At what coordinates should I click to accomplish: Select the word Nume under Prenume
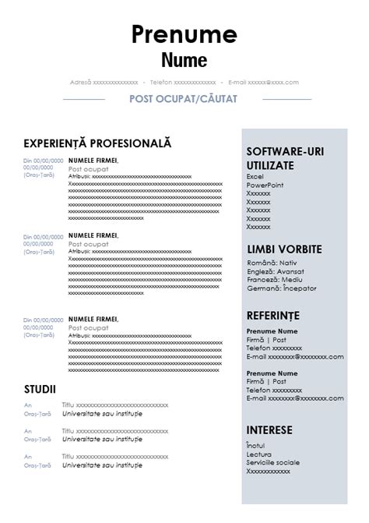184,59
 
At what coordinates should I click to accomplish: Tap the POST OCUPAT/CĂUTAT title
184,100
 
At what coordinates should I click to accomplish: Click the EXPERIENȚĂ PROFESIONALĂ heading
97,143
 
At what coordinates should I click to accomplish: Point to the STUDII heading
40,388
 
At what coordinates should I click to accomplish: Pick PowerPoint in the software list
265,186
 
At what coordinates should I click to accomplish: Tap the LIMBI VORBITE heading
283,249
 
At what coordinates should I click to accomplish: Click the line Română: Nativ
267,264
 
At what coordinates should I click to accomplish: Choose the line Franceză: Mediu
270,281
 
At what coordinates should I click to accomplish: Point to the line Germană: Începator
276,289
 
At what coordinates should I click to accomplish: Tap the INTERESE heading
269,429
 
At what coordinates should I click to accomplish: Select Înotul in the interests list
255,445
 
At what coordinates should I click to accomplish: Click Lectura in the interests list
258,454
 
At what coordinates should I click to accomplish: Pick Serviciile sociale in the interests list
272,462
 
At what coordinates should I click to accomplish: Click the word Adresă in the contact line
80,82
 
